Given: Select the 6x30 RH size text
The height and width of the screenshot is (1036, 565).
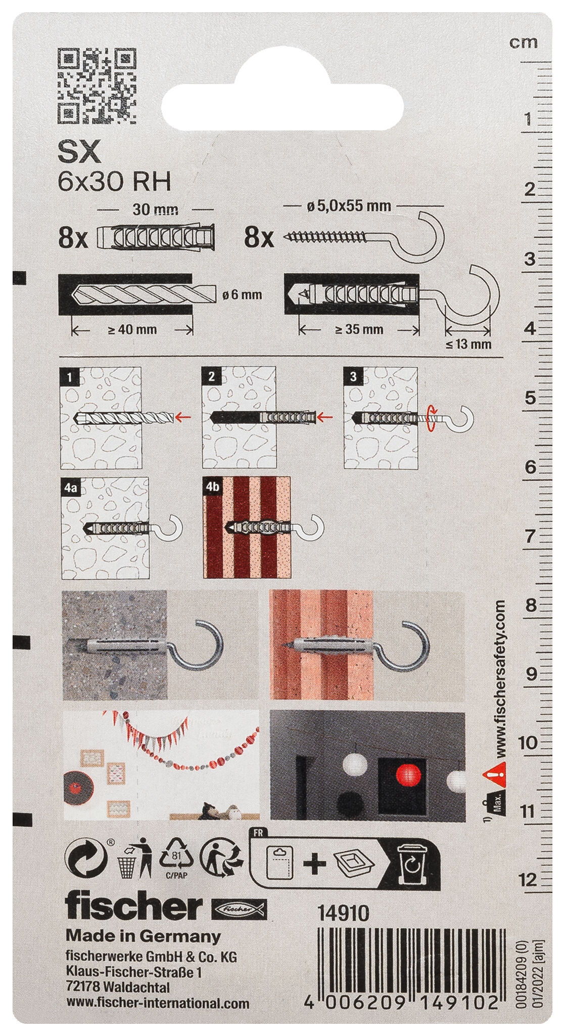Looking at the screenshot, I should pyautogui.click(x=115, y=182).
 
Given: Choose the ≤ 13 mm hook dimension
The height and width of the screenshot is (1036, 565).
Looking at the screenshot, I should pyautogui.click(x=468, y=344).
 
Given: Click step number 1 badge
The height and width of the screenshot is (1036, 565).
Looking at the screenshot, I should pyautogui.click(x=69, y=376).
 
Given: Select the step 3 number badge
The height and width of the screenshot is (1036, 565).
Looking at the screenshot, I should pyautogui.click(x=353, y=376).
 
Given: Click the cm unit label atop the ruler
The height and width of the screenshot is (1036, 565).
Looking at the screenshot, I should pyautogui.click(x=524, y=42).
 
